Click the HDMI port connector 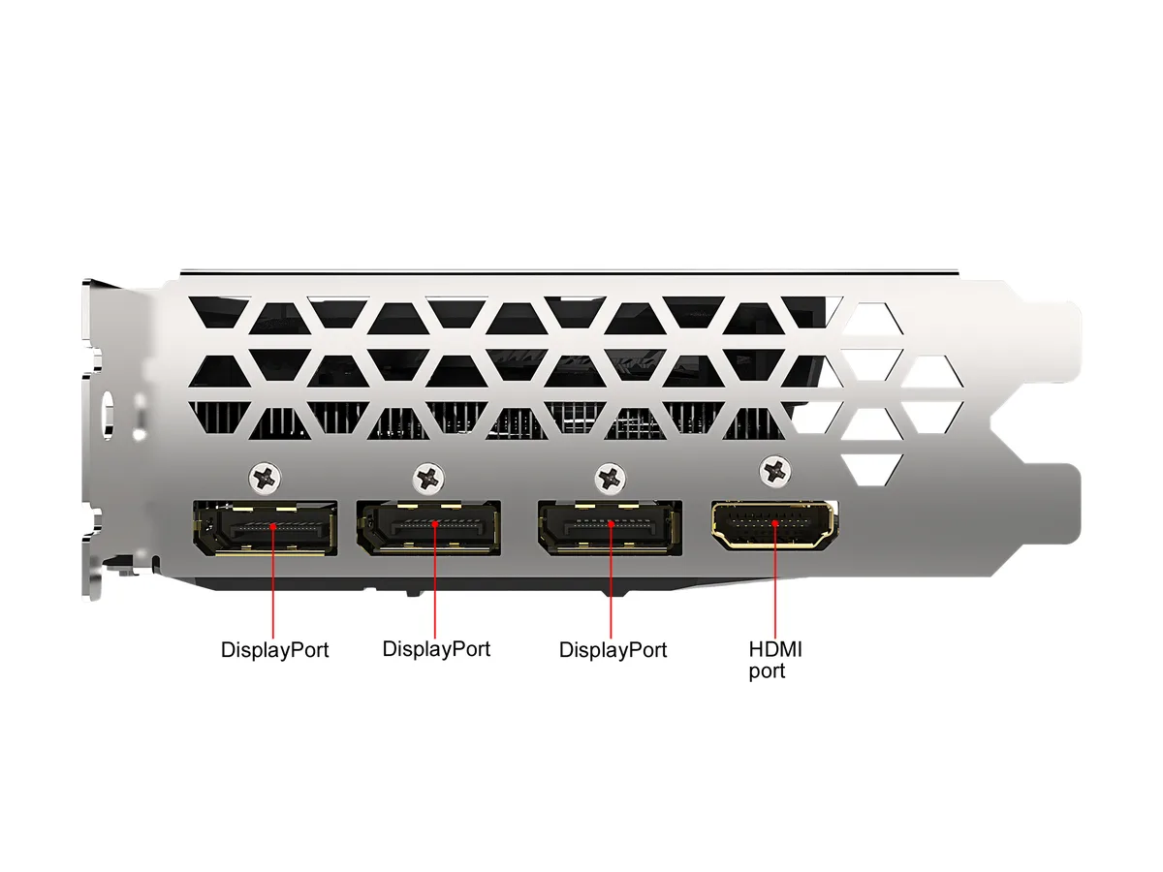click(x=772, y=524)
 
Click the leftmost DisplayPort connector click(x=265, y=528)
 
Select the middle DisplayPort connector click(x=428, y=527)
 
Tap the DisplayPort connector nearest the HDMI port click(x=610, y=527)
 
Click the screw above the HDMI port click(x=775, y=470)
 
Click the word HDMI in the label click(x=775, y=649)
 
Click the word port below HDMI click(x=767, y=671)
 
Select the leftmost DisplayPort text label click(x=274, y=650)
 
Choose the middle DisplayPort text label click(x=436, y=649)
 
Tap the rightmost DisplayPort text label click(x=613, y=650)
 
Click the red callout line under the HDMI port click(x=774, y=580)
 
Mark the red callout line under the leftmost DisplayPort click(x=273, y=582)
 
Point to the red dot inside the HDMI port click(x=774, y=523)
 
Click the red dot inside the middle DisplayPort click(x=435, y=524)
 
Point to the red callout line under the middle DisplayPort click(x=435, y=581)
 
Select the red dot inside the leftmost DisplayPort click(x=273, y=526)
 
